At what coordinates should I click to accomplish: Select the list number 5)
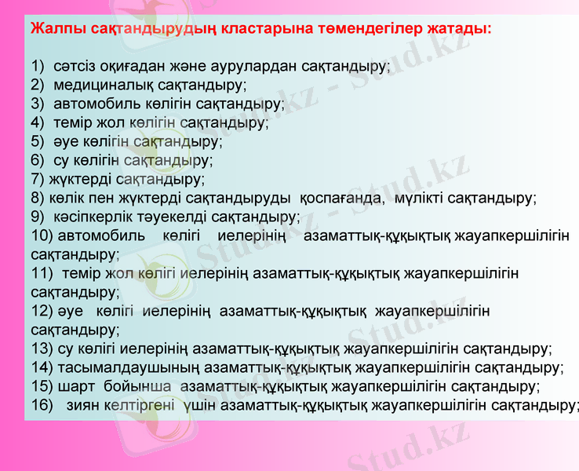coord(39,141)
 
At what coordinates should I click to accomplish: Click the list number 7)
coord(38,179)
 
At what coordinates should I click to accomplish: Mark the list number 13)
coord(42,349)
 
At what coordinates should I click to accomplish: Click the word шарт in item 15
coord(75,386)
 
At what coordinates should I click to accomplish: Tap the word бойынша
coord(138,386)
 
